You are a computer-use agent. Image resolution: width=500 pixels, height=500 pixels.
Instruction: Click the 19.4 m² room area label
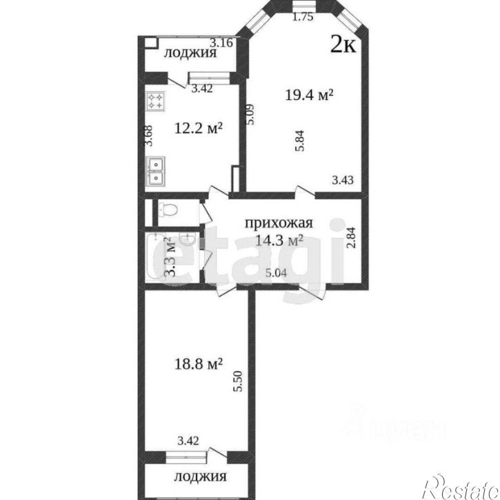(x=309, y=95)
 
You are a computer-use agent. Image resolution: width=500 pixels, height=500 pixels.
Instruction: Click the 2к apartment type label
(x=343, y=45)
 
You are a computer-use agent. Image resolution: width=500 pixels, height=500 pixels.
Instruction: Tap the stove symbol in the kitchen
(x=156, y=102)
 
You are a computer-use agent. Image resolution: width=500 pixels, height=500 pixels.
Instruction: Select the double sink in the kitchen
(x=156, y=172)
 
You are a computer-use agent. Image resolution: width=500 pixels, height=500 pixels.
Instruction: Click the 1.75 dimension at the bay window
(x=303, y=18)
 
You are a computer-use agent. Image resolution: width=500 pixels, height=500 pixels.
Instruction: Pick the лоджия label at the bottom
(x=200, y=477)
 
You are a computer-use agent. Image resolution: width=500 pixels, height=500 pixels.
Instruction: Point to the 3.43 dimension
(x=343, y=180)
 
